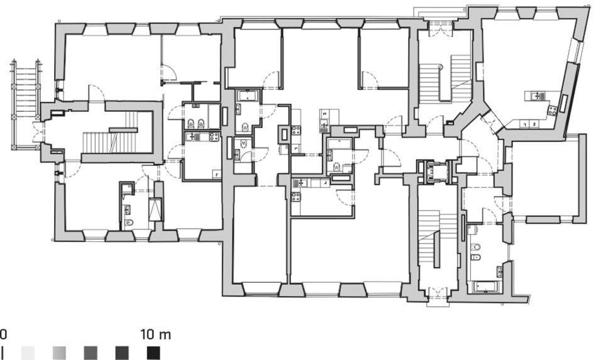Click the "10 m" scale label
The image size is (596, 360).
point(155,335)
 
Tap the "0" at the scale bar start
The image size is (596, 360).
point(3,335)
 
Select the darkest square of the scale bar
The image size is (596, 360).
point(153,353)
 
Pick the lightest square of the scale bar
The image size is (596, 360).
point(28,353)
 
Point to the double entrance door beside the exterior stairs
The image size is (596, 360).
point(38,132)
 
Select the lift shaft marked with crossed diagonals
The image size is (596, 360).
point(155,210)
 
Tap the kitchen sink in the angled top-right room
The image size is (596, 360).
point(538,95)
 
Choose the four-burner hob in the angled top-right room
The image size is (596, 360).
point(552,111)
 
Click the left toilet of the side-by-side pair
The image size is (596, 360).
point(191,123)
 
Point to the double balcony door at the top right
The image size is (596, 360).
point(441,30)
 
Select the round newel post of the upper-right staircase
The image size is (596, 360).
point(441,67)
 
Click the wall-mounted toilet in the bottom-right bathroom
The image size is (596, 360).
point(475,247)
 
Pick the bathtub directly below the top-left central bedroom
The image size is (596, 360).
point(248,95)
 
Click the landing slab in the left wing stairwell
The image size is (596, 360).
point(123,130)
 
